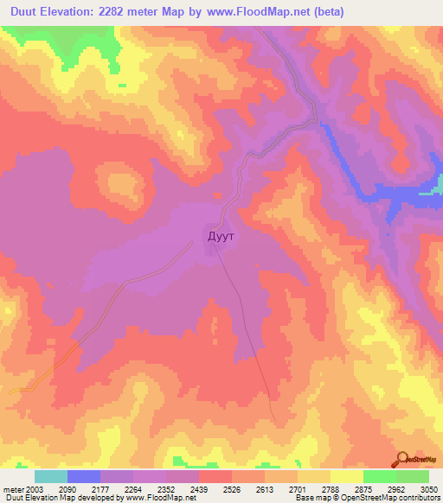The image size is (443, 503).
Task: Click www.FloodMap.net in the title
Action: click(x=273, y=12)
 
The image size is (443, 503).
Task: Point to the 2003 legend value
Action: click(x=35, y=490)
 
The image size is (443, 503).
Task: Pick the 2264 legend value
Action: click(x=157, y=490)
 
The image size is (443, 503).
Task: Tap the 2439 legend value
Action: click(x=233, y=490)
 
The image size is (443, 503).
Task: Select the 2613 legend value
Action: click(x=308, y=490)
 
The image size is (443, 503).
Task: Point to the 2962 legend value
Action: click(x=384, y=490)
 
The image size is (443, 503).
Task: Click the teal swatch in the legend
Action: click(x=51, y=476)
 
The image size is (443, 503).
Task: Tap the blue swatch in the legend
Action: click(x=84, y=476)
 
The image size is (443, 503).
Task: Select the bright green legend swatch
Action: click(x=380, y=476)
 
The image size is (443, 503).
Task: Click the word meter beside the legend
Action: click(x=12, y=490)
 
